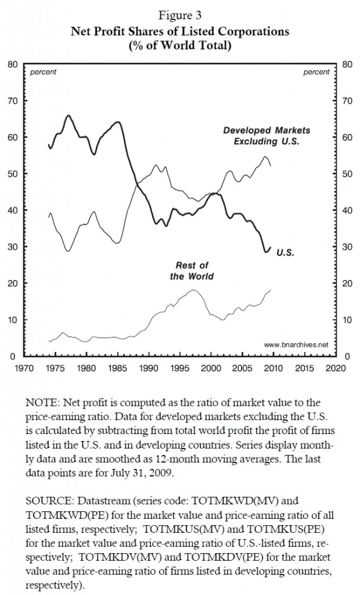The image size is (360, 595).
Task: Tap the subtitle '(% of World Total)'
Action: [x=179, y=46]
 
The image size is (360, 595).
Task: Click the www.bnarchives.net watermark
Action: [x=296, y=345]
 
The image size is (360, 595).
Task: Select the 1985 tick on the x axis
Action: [x=117, y=368]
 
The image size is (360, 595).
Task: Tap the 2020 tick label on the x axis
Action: [x=336, y=368]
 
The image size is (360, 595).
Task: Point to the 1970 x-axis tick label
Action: [x=23, y=368]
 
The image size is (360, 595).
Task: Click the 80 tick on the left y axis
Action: [x=11, y=64]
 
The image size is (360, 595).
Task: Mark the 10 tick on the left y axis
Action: [x=11, y=320]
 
